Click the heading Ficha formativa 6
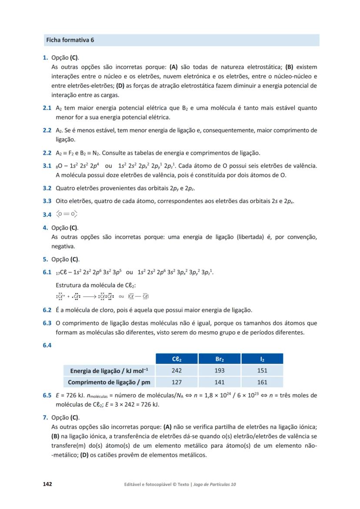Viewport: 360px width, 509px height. (x=70, y=40)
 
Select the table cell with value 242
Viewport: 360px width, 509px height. (x=177, y=370)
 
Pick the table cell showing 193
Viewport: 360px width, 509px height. (x=220, y=370)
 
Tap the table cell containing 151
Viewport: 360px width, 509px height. (x=262, y=370)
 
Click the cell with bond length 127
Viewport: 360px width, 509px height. (x=177, y=383)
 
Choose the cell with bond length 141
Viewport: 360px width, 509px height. (x=220, y=383)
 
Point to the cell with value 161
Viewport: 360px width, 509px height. (x=262, y=383)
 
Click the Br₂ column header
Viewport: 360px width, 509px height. (x=220, y=359)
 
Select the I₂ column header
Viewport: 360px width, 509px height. (x=262, y=359)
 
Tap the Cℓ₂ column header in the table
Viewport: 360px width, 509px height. (x=177, y=359)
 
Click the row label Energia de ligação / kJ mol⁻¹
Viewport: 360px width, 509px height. (x=109, y=371)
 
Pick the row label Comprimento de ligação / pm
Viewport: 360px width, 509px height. (x=109, y=383)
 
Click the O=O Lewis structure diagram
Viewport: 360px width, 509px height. (x=67, y=214)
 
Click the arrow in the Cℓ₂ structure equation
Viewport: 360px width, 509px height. (x=90, y=297)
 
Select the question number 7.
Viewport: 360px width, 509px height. (x=45, y=418)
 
